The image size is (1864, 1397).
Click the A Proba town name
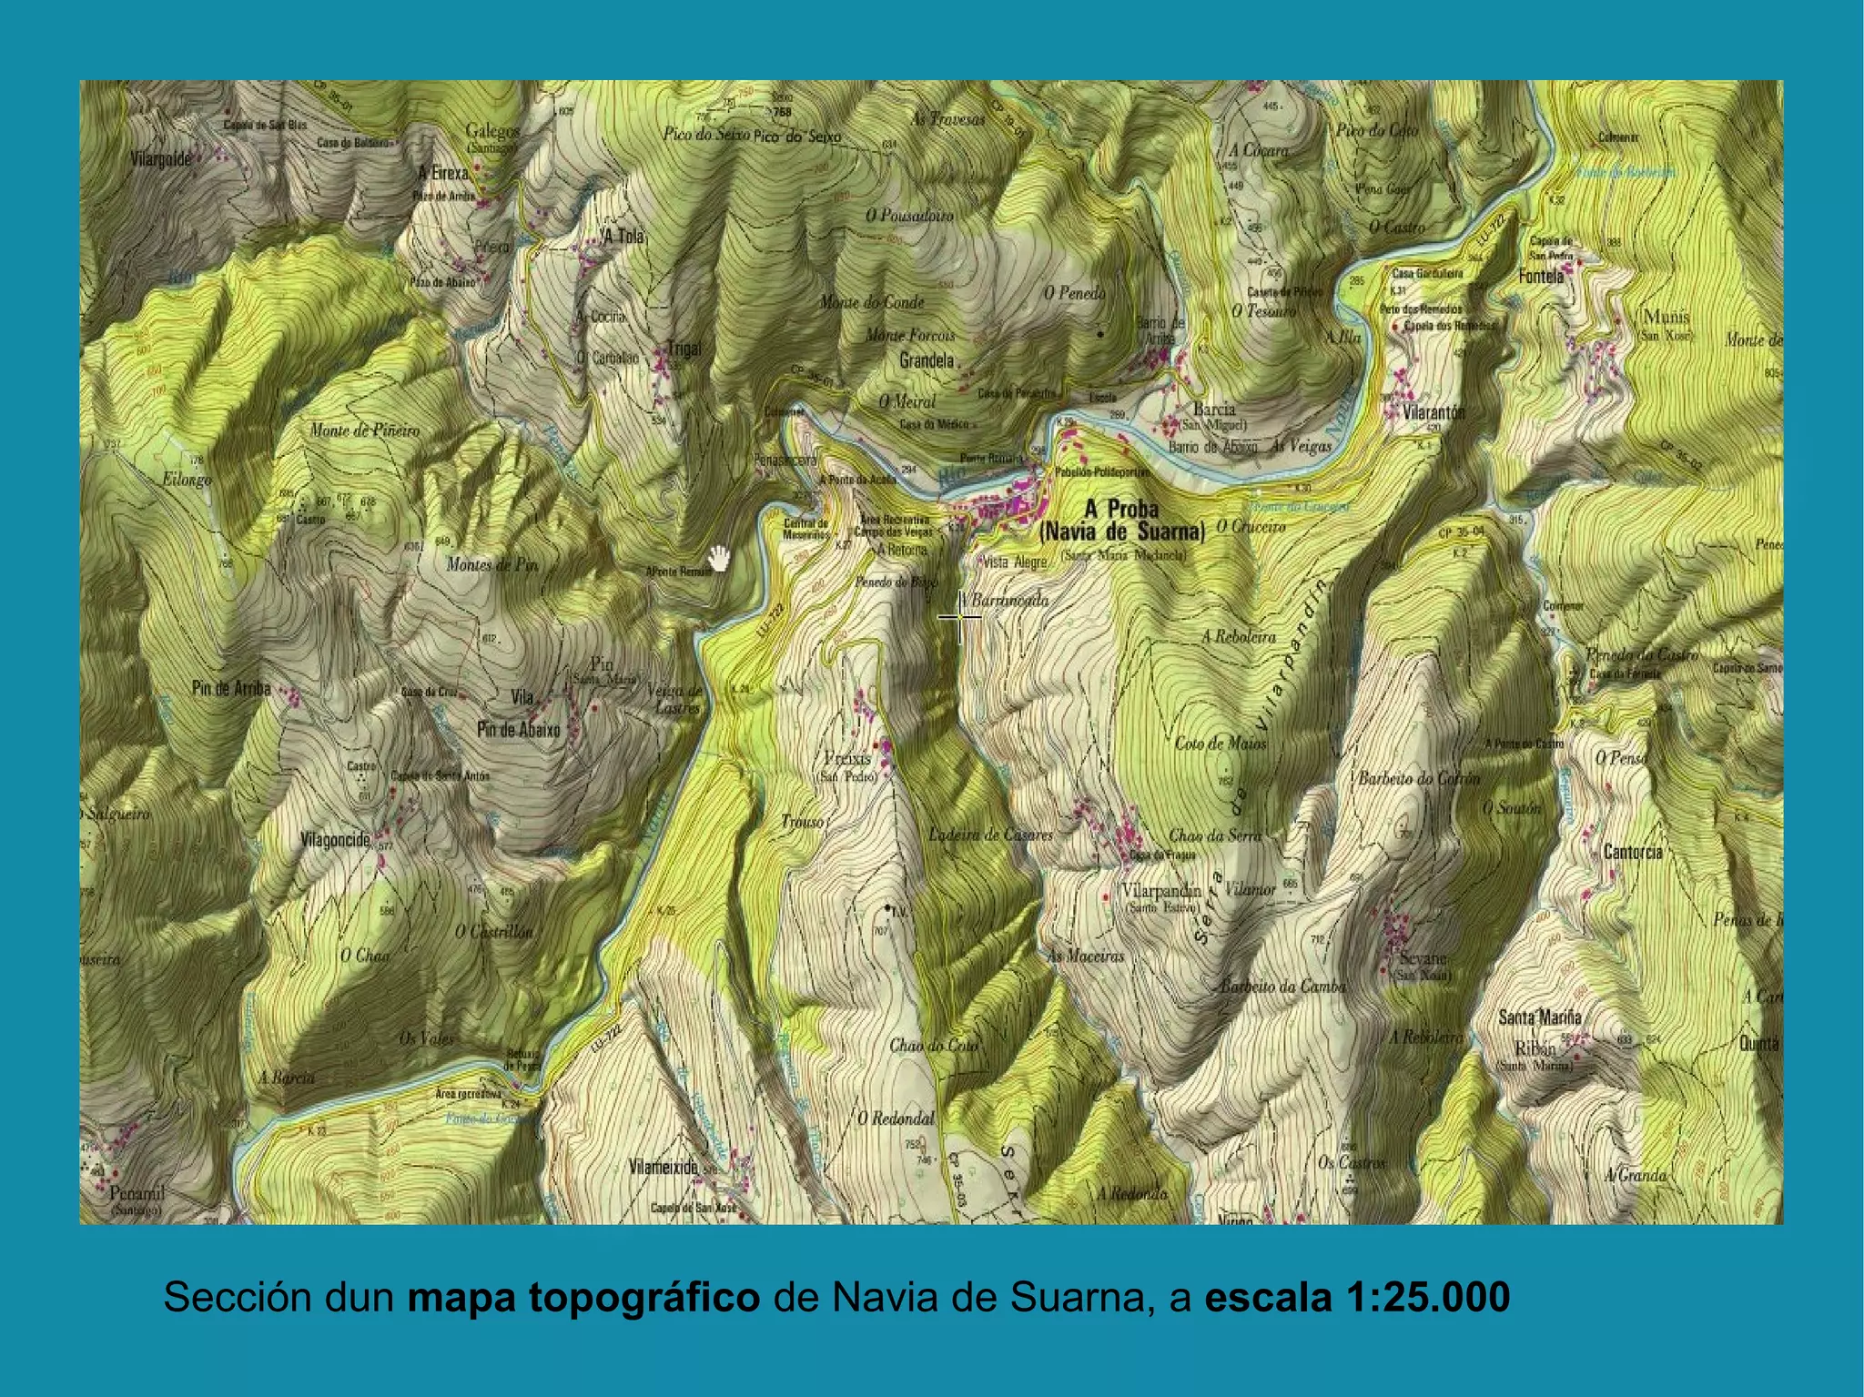click(x=1121, y=511)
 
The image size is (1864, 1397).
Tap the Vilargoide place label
click(x=161, y=160)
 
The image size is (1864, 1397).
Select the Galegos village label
click(x=492, y=131)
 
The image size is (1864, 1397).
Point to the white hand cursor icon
click(x=721, y=558)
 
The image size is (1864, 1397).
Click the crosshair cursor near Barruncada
click(x=959, y=617)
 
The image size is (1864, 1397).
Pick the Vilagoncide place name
click(x=335, y=840)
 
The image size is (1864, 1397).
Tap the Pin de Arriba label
click(x=231, y=689)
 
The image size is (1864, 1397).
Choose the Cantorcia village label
click(x=1633, y=852)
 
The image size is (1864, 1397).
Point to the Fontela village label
click(x=1542, y=276)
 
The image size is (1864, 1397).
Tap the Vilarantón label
click(x=1433, y=412)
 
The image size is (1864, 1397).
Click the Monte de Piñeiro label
click(x=365, y=430)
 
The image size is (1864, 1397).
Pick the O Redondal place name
click(x=896, y=1119)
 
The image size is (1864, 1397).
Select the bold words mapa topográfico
click(x=582, y=1297)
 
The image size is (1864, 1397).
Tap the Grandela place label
click(x=927, y=361)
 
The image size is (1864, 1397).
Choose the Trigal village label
click(x=684, y=349)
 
